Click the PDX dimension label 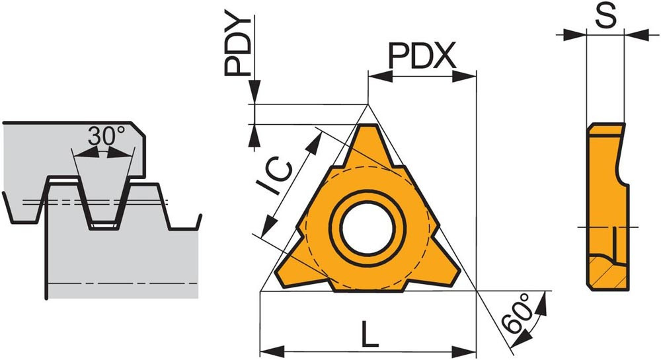422,56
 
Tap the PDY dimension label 237,46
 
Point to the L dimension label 369,334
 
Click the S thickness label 605,16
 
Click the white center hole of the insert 367,229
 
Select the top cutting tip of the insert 367,127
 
